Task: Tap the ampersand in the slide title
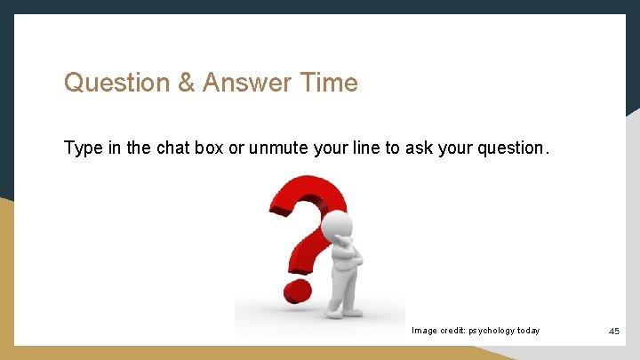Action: pos(187,84)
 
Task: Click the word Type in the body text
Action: pos(83,148)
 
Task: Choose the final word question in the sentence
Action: pos(510,148)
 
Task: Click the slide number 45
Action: pos(614,332)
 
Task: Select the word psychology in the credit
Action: pos(487,331)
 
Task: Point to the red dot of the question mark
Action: pos(298,290)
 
